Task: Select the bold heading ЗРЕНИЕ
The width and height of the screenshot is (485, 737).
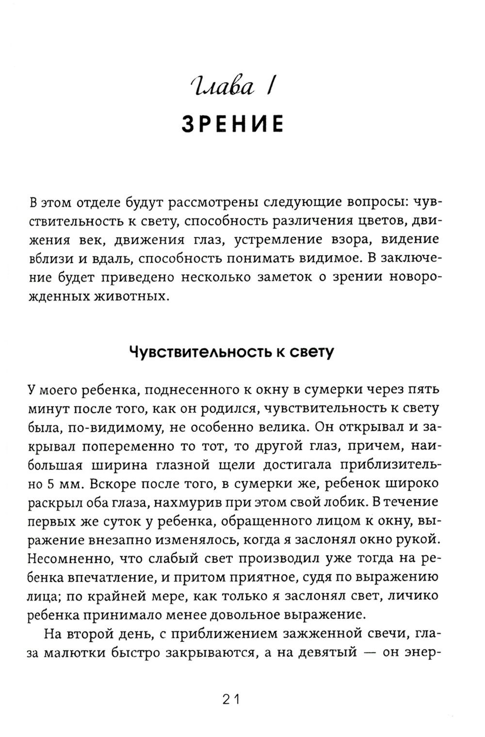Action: pos(232,123)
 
